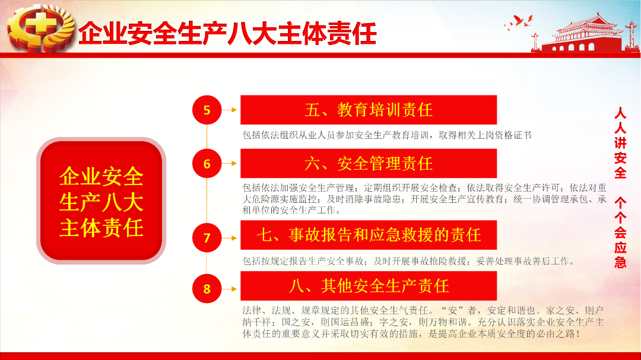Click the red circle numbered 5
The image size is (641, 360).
click(207, 110)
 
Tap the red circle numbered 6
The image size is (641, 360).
click(207, 164)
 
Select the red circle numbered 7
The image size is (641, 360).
click(207, 237)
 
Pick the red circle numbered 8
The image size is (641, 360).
click(207, 288)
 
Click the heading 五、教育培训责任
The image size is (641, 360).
click(369, 110)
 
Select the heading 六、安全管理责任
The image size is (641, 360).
click(369, 164)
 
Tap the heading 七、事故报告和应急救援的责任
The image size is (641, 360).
click(369, 235)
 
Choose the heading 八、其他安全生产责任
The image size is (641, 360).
click(369, 286)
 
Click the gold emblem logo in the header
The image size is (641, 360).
click(41, 28)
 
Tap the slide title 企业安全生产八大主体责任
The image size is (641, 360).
click(227, 33)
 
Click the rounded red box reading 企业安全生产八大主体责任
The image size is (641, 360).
click(101, 200)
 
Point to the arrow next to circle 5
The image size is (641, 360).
click(229, 110)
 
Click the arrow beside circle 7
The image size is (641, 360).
click(229, 238)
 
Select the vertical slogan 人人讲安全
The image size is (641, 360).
click(620, 143)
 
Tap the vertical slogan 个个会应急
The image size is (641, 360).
click(620, 232)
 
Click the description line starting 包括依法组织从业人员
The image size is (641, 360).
click(387, 135)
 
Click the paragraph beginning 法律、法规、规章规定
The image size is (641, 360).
click(423, 322)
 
